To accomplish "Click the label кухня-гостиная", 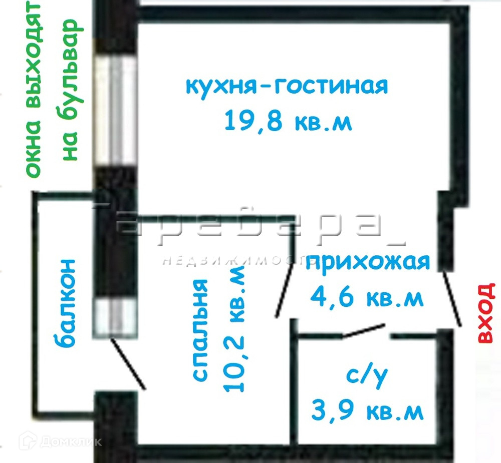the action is pos(287,86).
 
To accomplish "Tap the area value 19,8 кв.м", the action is pos(288,121).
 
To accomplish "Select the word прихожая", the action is pos(368,262).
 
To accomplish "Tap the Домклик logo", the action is pos(60,441).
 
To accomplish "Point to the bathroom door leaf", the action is pos(364,331).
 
